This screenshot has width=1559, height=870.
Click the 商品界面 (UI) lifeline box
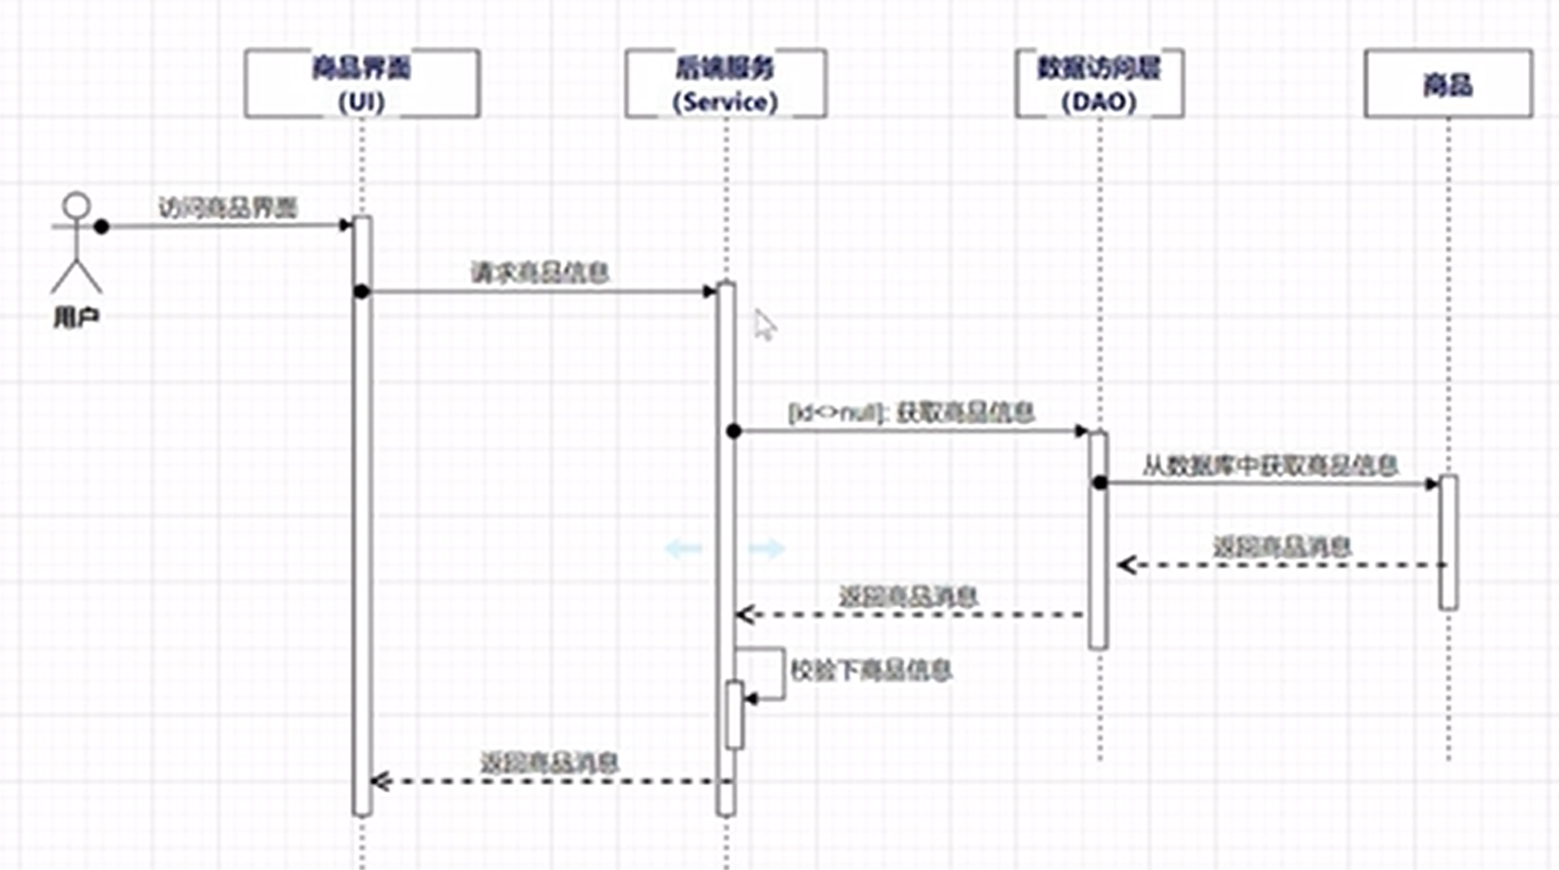362,84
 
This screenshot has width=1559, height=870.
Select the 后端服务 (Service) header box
726,84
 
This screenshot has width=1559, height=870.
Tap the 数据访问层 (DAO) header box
1099,84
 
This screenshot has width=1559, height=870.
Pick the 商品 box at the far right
1448,84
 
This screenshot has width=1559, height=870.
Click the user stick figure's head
77,206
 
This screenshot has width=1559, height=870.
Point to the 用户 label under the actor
77,318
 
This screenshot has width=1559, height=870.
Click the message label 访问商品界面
228,207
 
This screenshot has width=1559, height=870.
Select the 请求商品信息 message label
540,273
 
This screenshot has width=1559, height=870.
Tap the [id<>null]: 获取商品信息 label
912,412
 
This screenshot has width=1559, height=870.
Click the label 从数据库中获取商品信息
1270,465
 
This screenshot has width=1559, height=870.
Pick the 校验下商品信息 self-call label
871,670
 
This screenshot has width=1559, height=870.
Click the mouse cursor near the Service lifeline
765,324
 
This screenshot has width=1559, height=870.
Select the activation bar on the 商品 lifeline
1448,542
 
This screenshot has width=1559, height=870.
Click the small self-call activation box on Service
734,715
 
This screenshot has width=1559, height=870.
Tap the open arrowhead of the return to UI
378,781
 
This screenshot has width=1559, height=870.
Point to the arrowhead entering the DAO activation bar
1082,431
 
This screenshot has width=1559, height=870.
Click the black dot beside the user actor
102,226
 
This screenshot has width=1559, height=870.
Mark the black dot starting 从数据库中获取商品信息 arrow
1100,483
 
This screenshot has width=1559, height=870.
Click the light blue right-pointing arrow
767,549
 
